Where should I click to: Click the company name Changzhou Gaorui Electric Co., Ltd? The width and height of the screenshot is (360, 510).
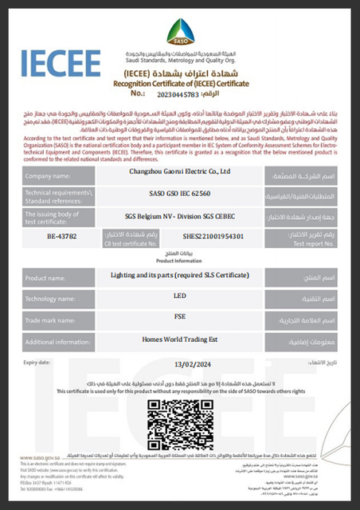[x=180, y=170]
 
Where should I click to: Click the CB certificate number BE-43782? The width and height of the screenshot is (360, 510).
[x=61, y=237]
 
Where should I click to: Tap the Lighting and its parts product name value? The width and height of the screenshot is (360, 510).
[x=180, y=275]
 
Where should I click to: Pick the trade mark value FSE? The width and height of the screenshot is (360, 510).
[x=180, y=316]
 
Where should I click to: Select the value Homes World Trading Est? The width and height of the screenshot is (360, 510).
[x=180, y=339]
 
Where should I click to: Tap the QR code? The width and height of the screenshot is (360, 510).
[x=180, y=418]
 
